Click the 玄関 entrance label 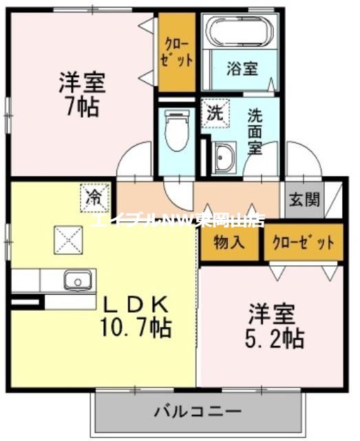click(304, 200)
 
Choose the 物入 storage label click(229, 243)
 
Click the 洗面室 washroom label click(255, 131)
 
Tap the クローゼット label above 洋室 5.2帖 click(303, 243)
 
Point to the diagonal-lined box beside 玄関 click(333, 200)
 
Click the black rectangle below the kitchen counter click(26, 302)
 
